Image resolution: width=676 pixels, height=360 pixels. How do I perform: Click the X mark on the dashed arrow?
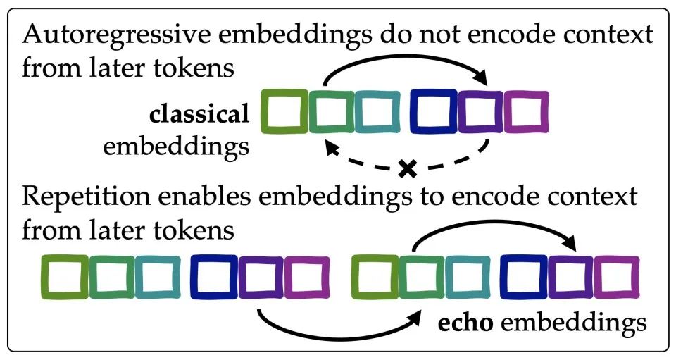click(x=406, y=168)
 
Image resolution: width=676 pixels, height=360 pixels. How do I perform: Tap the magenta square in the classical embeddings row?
click(x=526, y=111)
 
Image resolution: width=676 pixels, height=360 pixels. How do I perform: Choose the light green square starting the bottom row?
click(x=63, y=275)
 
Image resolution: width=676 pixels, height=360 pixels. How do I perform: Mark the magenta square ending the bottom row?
click(x=617, y=275)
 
